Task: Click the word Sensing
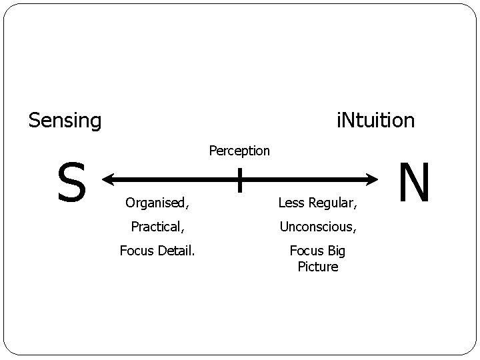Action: point(65,121)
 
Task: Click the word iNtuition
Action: point(375,121)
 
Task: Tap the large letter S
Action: point(71,183)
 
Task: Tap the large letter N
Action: point(414,183)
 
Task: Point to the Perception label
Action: point(239,151)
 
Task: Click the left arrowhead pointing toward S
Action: point(109,179)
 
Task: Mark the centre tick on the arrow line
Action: point(239,180)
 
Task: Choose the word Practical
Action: point(155,227)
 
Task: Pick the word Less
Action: point(291,201)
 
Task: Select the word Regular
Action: point(333,201)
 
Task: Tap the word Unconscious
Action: point(317,227)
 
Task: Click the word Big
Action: point(336,251)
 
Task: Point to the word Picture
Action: point(318,267)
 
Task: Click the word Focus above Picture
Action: point(306,251)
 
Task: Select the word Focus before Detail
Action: point(136,251)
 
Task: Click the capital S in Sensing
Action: point(34,121)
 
